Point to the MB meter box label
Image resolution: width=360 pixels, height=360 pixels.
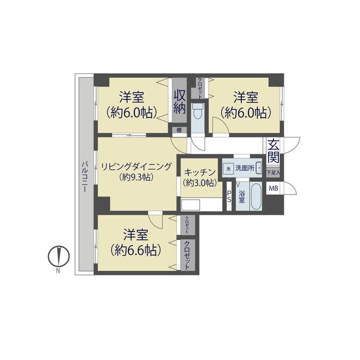(273, 189)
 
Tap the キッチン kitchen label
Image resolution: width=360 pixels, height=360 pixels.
(200, 171)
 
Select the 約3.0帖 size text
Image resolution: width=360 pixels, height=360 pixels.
(200, 182)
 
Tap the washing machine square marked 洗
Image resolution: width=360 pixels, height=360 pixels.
(227, 169)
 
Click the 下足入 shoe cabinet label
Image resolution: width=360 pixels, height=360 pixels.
(273, 172)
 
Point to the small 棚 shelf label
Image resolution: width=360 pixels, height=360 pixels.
(178, 130)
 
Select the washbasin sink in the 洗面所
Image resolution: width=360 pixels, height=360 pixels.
(259, 168)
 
